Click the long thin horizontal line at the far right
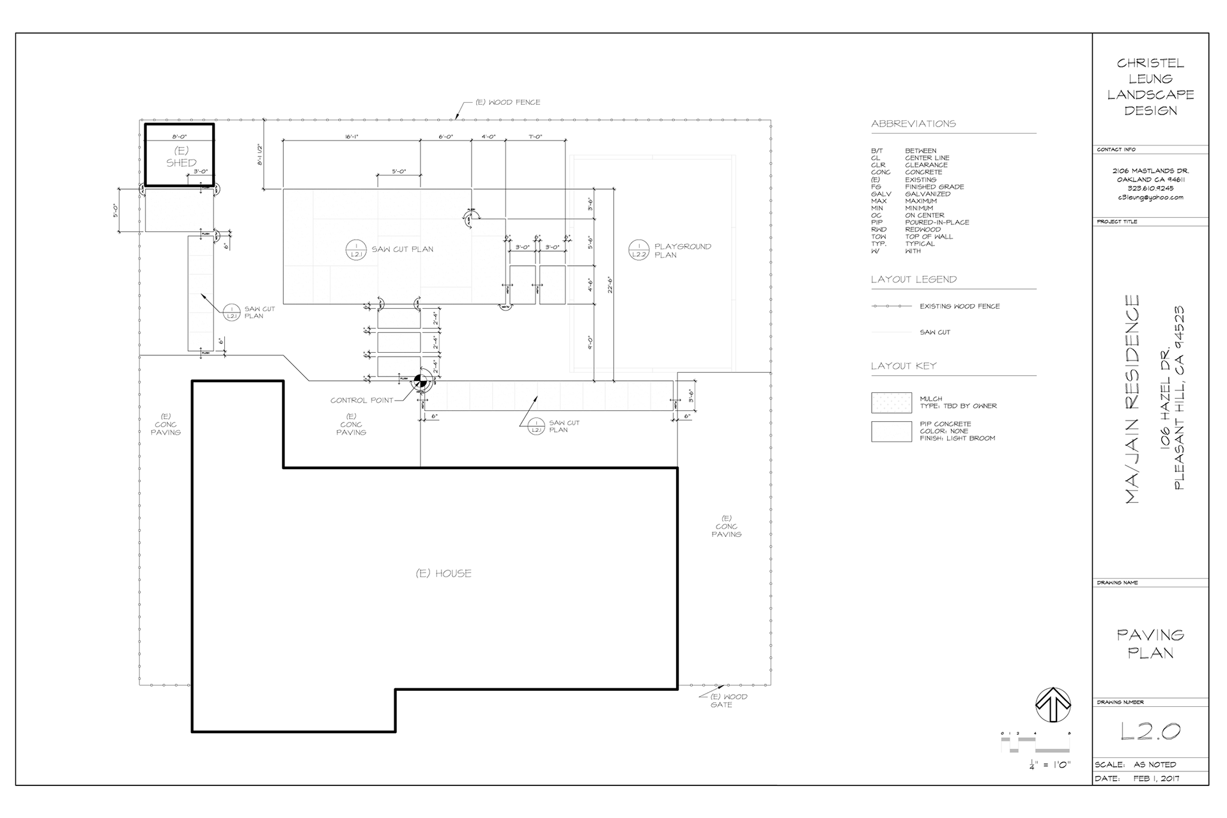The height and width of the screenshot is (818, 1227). [1150, 580]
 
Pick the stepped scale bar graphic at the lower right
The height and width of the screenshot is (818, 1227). [1035, 745]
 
